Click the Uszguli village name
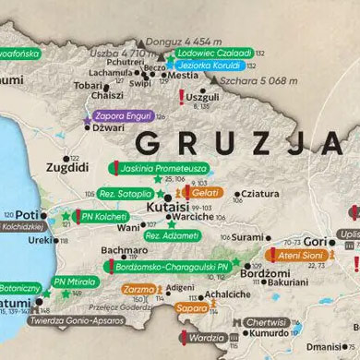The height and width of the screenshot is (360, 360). pyautogui.click(x=203, y=96)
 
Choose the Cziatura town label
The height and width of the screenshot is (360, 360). pyautogui.click(x=260, y=194)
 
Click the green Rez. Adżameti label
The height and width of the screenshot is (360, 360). pyautogui.click(x=173, y=236)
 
